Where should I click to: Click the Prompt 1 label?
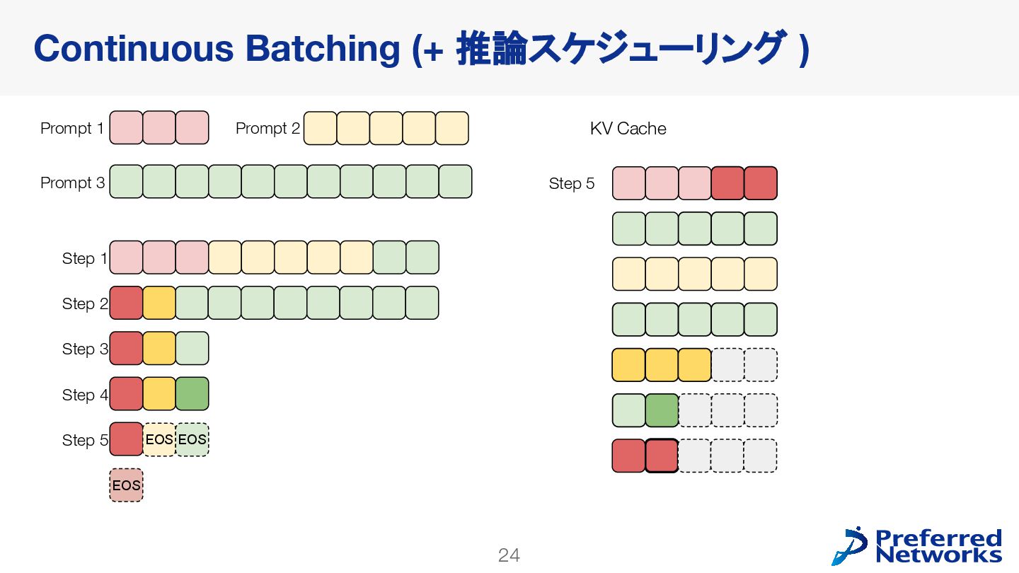coord(72,128)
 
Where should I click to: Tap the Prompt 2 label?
coord(267,128)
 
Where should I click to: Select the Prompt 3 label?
coord(72,183)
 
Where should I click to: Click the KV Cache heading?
coord(628,128)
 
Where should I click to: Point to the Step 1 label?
coord(84,258)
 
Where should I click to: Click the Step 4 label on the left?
coord(84,395)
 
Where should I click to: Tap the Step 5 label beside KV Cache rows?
coord(571,183)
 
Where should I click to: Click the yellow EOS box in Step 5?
coord(159,440)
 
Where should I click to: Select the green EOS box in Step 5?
coord(192,440)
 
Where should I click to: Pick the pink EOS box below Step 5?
coord(126,485)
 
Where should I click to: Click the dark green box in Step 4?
coord(192,394)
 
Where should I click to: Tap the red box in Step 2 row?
coord(126,303)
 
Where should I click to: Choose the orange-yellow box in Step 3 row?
coord(159,349)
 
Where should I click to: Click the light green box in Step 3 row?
coord(192,349)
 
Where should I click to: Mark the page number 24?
coord(509,555)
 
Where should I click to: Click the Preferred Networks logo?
coord(918,545)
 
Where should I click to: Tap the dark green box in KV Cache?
coord(662,410)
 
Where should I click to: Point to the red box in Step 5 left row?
coord(126,439)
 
